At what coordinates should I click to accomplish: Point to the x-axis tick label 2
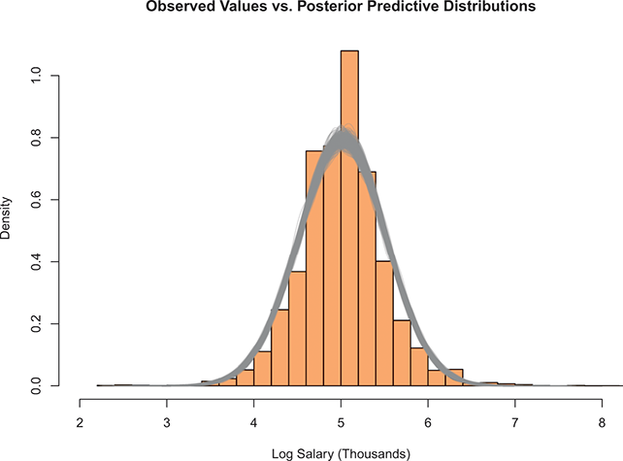[x=80, y=422]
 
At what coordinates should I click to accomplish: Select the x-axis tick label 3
[x=167, y=422]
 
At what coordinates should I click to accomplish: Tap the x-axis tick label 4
[x=254, y=422]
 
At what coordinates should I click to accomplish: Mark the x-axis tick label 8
[x=603, y=422]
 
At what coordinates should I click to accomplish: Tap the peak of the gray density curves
[x=343, y=139]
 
